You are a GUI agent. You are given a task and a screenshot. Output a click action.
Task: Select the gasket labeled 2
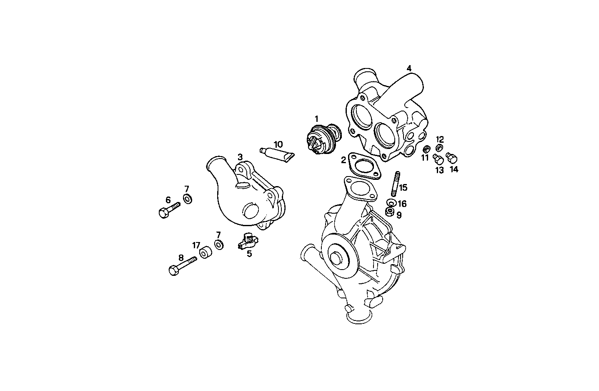click(363, 167)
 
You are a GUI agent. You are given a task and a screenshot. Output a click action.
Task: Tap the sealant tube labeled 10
click(278, 154)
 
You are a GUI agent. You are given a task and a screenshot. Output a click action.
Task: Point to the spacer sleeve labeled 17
click(205, 253)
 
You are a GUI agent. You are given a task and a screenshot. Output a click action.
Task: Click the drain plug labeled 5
click(248, 242)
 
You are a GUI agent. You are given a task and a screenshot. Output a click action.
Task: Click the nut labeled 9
click(390, 212)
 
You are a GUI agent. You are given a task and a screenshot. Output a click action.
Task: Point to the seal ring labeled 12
click(439, 148)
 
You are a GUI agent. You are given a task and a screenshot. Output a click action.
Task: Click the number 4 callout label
click(409, 68)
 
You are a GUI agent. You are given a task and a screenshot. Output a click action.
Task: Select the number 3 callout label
click(240, 157)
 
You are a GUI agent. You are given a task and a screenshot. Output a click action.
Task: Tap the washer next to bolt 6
click(188, 199)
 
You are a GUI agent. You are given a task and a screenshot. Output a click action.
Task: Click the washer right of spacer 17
click(218, 244)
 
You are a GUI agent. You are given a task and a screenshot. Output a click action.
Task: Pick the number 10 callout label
click(278, 144)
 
